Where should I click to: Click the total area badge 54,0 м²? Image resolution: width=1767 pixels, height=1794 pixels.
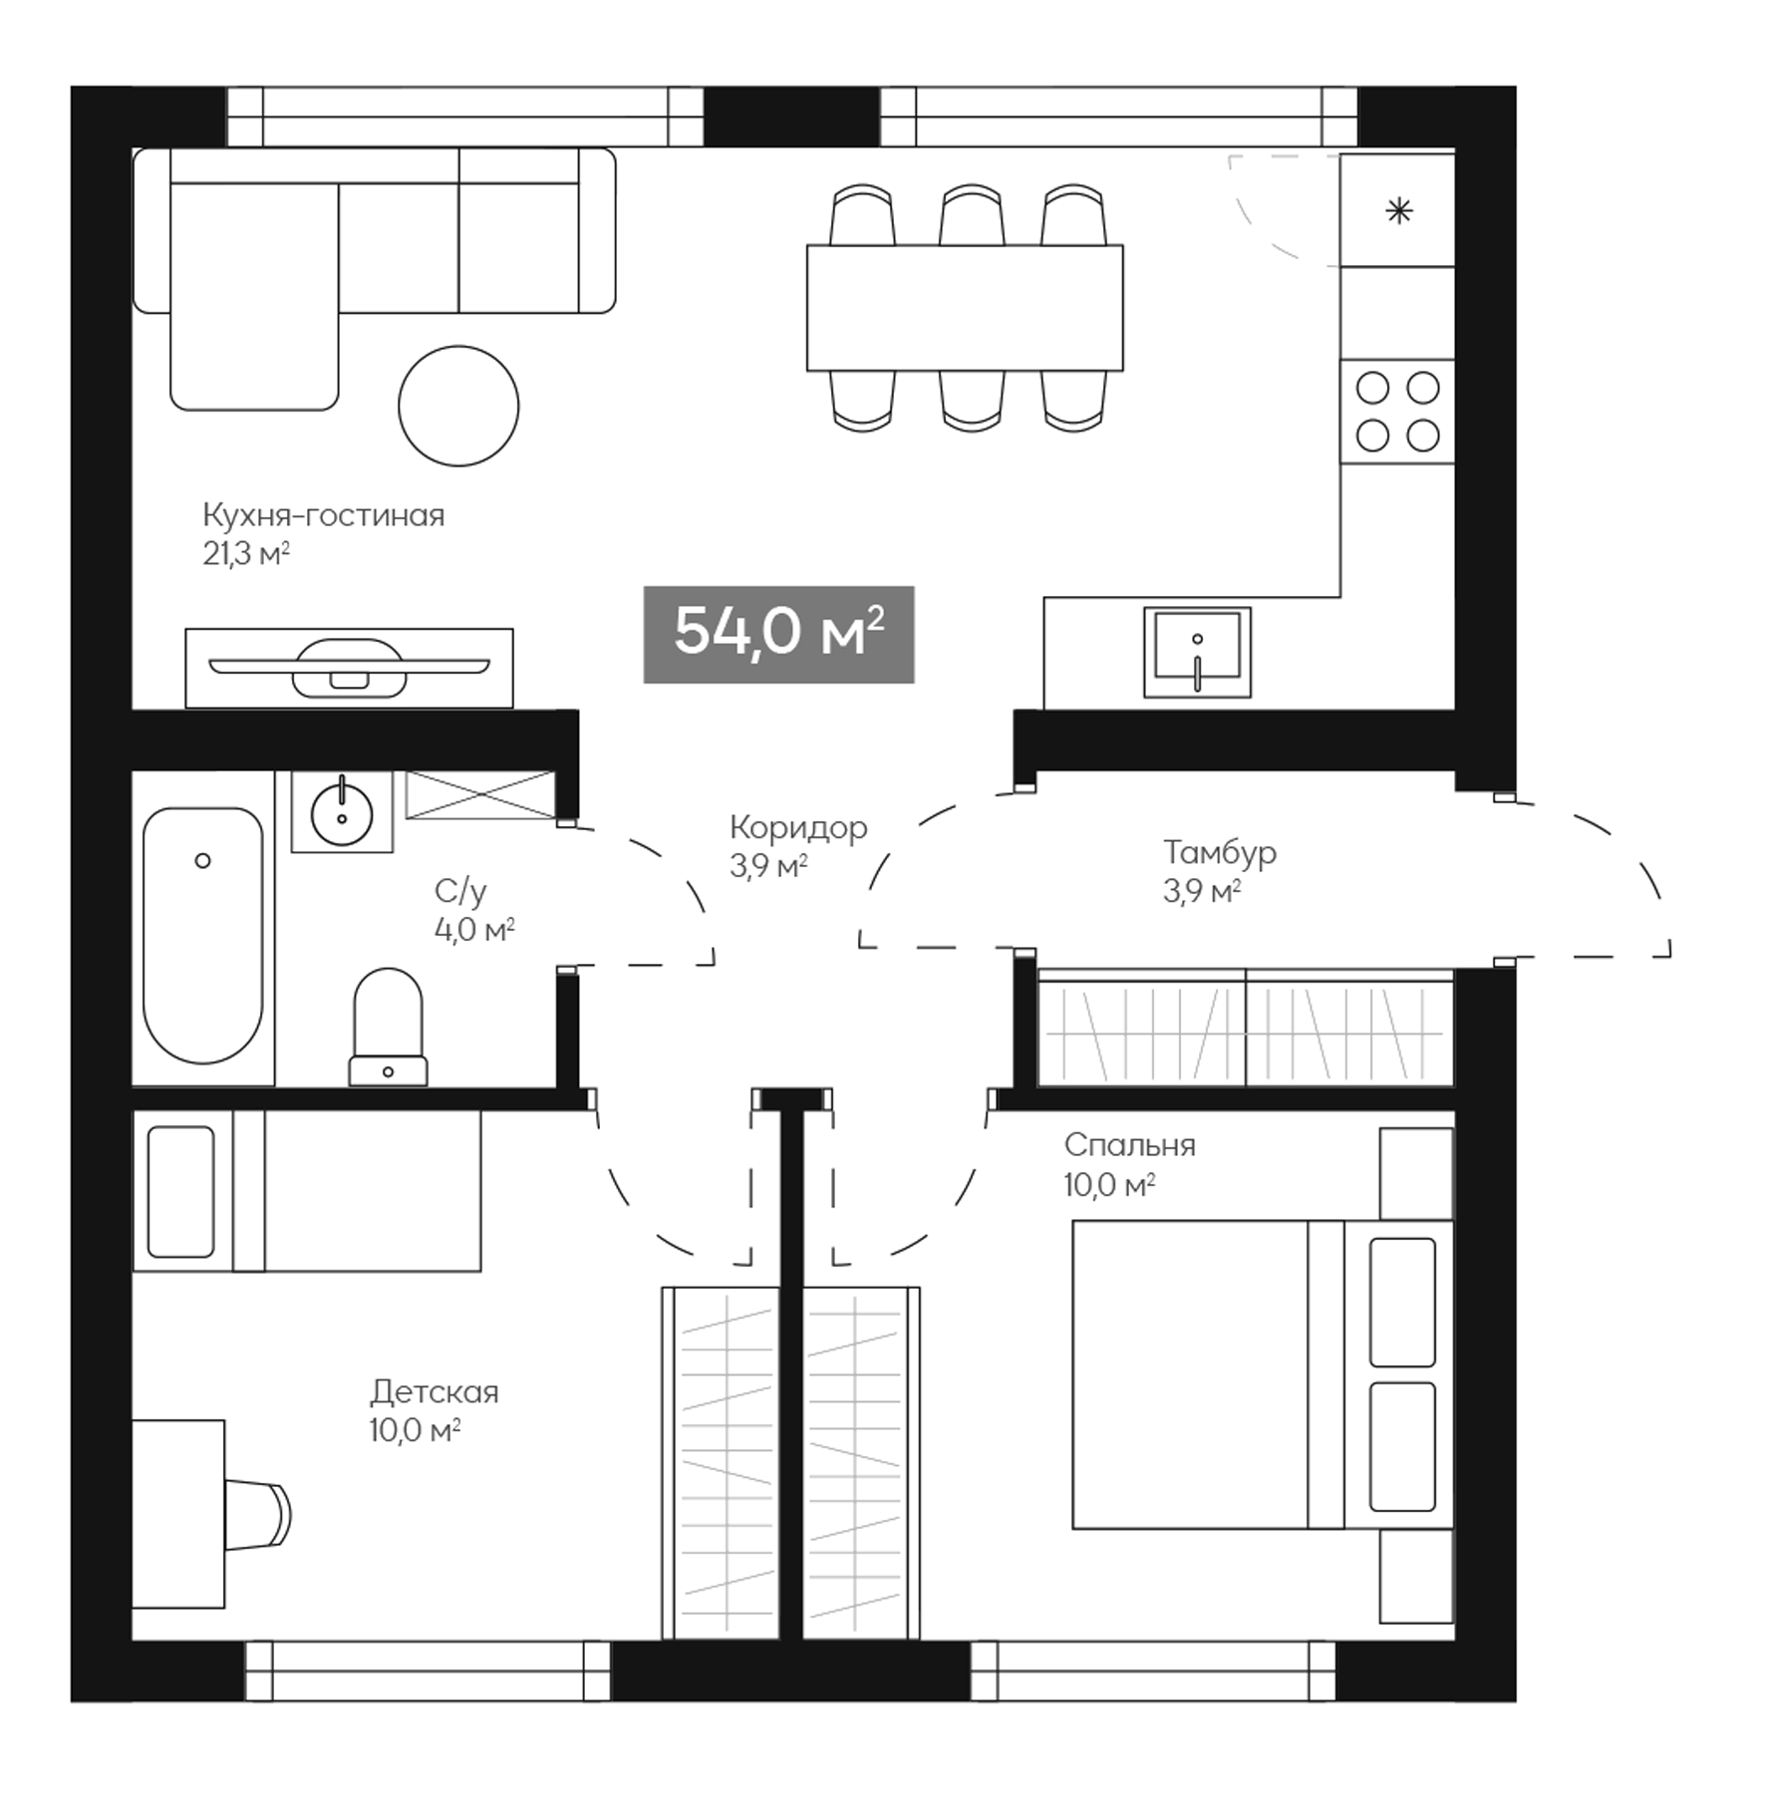pos(778,634)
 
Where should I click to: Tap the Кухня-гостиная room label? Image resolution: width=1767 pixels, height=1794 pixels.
pos(323,515)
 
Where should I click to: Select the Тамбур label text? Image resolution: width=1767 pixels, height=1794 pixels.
pos(1219,852)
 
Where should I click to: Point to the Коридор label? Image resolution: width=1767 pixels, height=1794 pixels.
pos(798,827)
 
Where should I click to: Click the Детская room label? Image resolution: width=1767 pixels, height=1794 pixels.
pos(434,1391)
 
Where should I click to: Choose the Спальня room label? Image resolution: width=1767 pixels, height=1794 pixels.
pos(1129,1144)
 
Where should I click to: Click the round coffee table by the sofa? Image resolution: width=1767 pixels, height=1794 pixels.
pos(458,406)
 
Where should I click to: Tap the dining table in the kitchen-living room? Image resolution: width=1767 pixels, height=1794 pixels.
pos(964,308)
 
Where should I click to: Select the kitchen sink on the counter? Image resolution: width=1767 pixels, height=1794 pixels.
pos(1196,653)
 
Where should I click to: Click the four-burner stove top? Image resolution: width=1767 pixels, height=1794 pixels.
pos(1397,412)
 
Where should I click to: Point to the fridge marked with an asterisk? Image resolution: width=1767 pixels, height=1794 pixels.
pos(1398,211)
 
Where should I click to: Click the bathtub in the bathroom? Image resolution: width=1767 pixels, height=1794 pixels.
pos(203,935)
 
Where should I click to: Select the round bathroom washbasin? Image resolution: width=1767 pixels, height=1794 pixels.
pos(342,812)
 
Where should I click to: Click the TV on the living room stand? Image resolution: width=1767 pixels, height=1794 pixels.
pos(349,668)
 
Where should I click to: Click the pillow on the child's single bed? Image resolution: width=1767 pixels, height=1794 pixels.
pos(181,1191)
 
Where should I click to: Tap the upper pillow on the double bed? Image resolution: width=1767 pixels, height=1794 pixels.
pos(1402,1302)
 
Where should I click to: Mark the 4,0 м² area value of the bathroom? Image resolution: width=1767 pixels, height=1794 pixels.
pos(474,930)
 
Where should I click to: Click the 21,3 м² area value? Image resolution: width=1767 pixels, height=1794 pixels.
pos(246,554)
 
